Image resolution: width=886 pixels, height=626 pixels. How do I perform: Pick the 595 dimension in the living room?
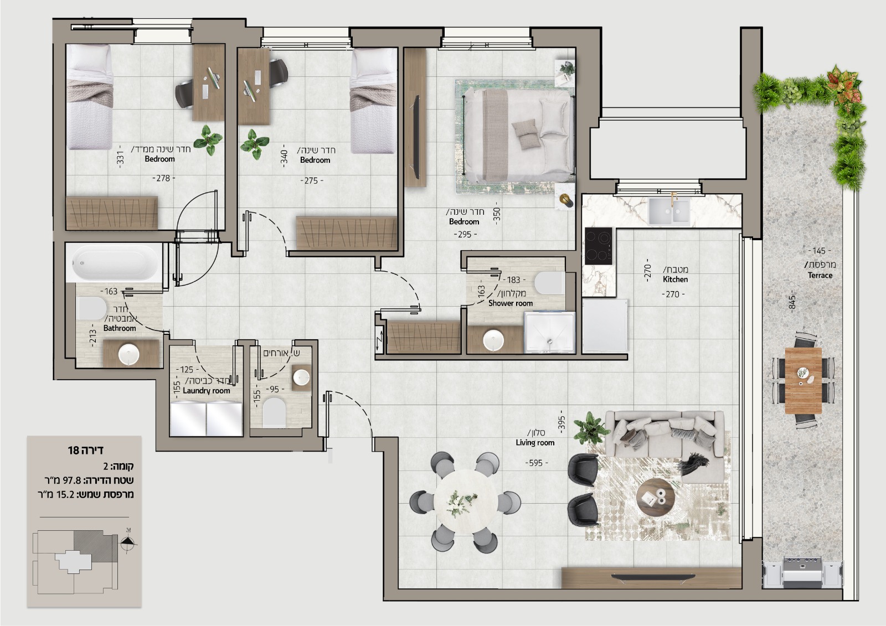coord(536,463)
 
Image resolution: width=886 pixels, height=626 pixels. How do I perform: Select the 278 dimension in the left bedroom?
coord(164,178)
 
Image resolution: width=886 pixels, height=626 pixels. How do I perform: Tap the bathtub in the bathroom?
coord(114,262)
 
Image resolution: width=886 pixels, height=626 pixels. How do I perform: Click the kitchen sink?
coord(669,211)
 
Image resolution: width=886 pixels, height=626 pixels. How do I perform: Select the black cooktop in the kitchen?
coord(599,246)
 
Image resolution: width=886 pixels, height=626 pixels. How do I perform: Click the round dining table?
coord(465,502)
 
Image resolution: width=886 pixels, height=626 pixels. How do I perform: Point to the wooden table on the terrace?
coord(803,380)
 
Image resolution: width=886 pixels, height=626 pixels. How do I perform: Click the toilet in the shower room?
coord(549,283)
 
